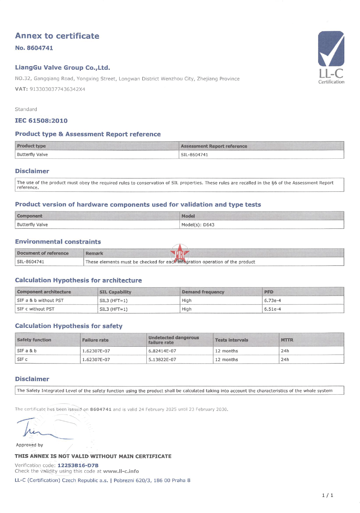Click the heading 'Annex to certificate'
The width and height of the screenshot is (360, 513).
pos(57,36)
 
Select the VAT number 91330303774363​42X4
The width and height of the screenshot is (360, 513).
pos(57,89)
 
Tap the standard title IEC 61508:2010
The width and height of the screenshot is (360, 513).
pos(41,121)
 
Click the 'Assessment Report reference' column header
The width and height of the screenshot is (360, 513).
pos(214,146)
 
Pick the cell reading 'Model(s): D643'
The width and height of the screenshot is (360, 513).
pos(198,225)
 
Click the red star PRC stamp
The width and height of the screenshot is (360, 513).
pos(180,253)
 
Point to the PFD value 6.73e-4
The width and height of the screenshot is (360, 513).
pos(272,301)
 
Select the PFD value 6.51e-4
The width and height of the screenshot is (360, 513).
pos(272,309)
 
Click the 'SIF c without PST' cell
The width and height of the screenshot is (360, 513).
pos(36,309)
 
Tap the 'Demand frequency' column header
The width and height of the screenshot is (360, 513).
pos(203,292)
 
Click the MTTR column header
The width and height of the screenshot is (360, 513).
pos(287,340)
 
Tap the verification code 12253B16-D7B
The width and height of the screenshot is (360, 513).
pos(78,465)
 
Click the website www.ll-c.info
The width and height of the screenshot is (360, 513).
pos(121,471)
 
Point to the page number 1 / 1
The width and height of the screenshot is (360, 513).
pos(327,495)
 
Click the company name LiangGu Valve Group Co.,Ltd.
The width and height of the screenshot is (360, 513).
pos(62,68)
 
